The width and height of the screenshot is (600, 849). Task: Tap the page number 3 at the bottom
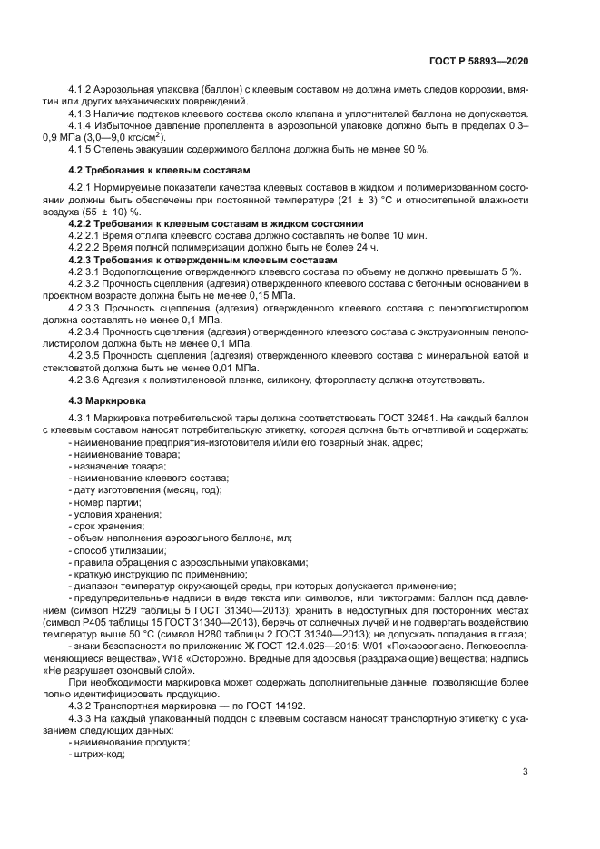(526, 772)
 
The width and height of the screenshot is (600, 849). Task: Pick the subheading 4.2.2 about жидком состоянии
(216, 222)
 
